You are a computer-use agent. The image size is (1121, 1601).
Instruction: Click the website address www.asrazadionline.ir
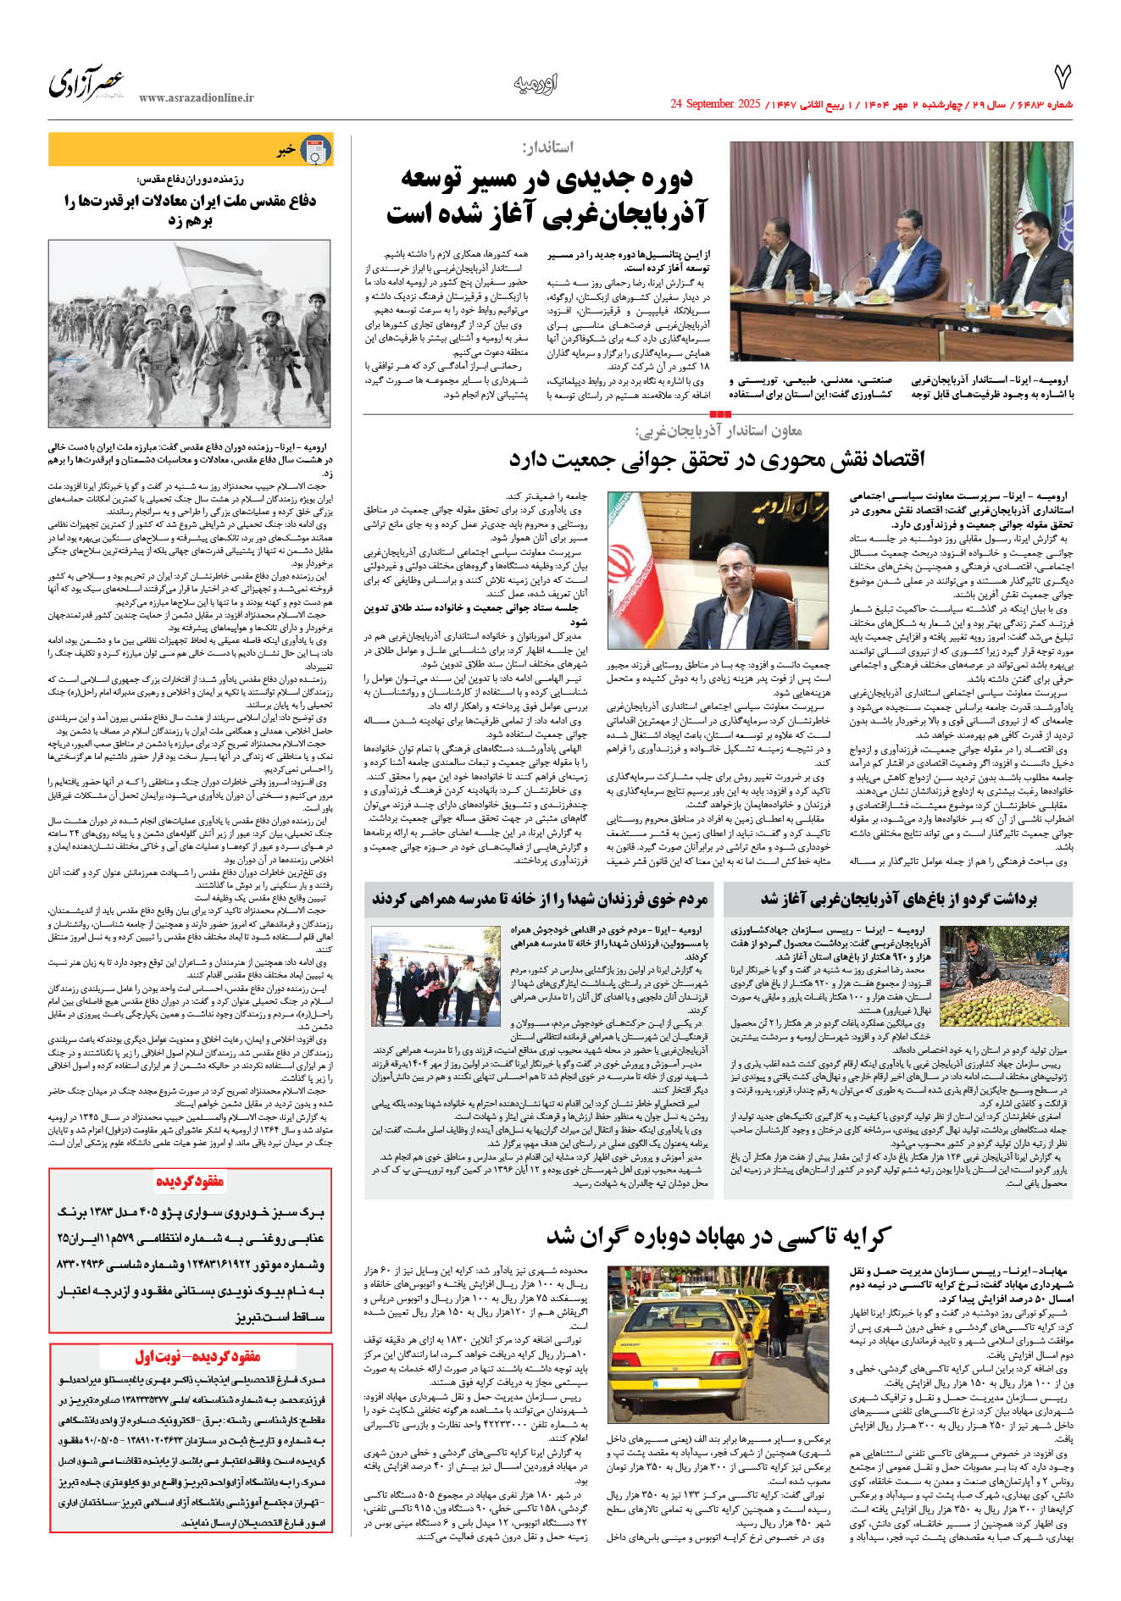[x=196, y=98]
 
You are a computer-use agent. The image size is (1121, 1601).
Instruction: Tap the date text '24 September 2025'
[x=715, y=104]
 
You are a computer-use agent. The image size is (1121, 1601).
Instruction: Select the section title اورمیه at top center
[x=536, y=83]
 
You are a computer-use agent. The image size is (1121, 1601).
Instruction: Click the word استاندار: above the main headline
[x=548, y=147]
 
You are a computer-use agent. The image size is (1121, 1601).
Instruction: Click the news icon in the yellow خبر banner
[x=316, y=150]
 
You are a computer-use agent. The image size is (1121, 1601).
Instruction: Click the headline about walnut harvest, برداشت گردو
[x=898, y=899]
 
